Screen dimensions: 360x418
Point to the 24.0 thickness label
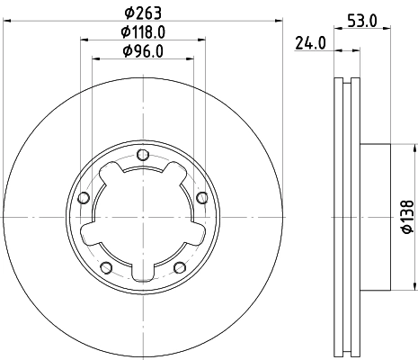(310, 41)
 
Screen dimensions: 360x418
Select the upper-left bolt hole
(84, 198)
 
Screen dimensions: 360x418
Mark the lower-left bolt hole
(105, 265)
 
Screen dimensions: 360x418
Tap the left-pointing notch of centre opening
(88, 236)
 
